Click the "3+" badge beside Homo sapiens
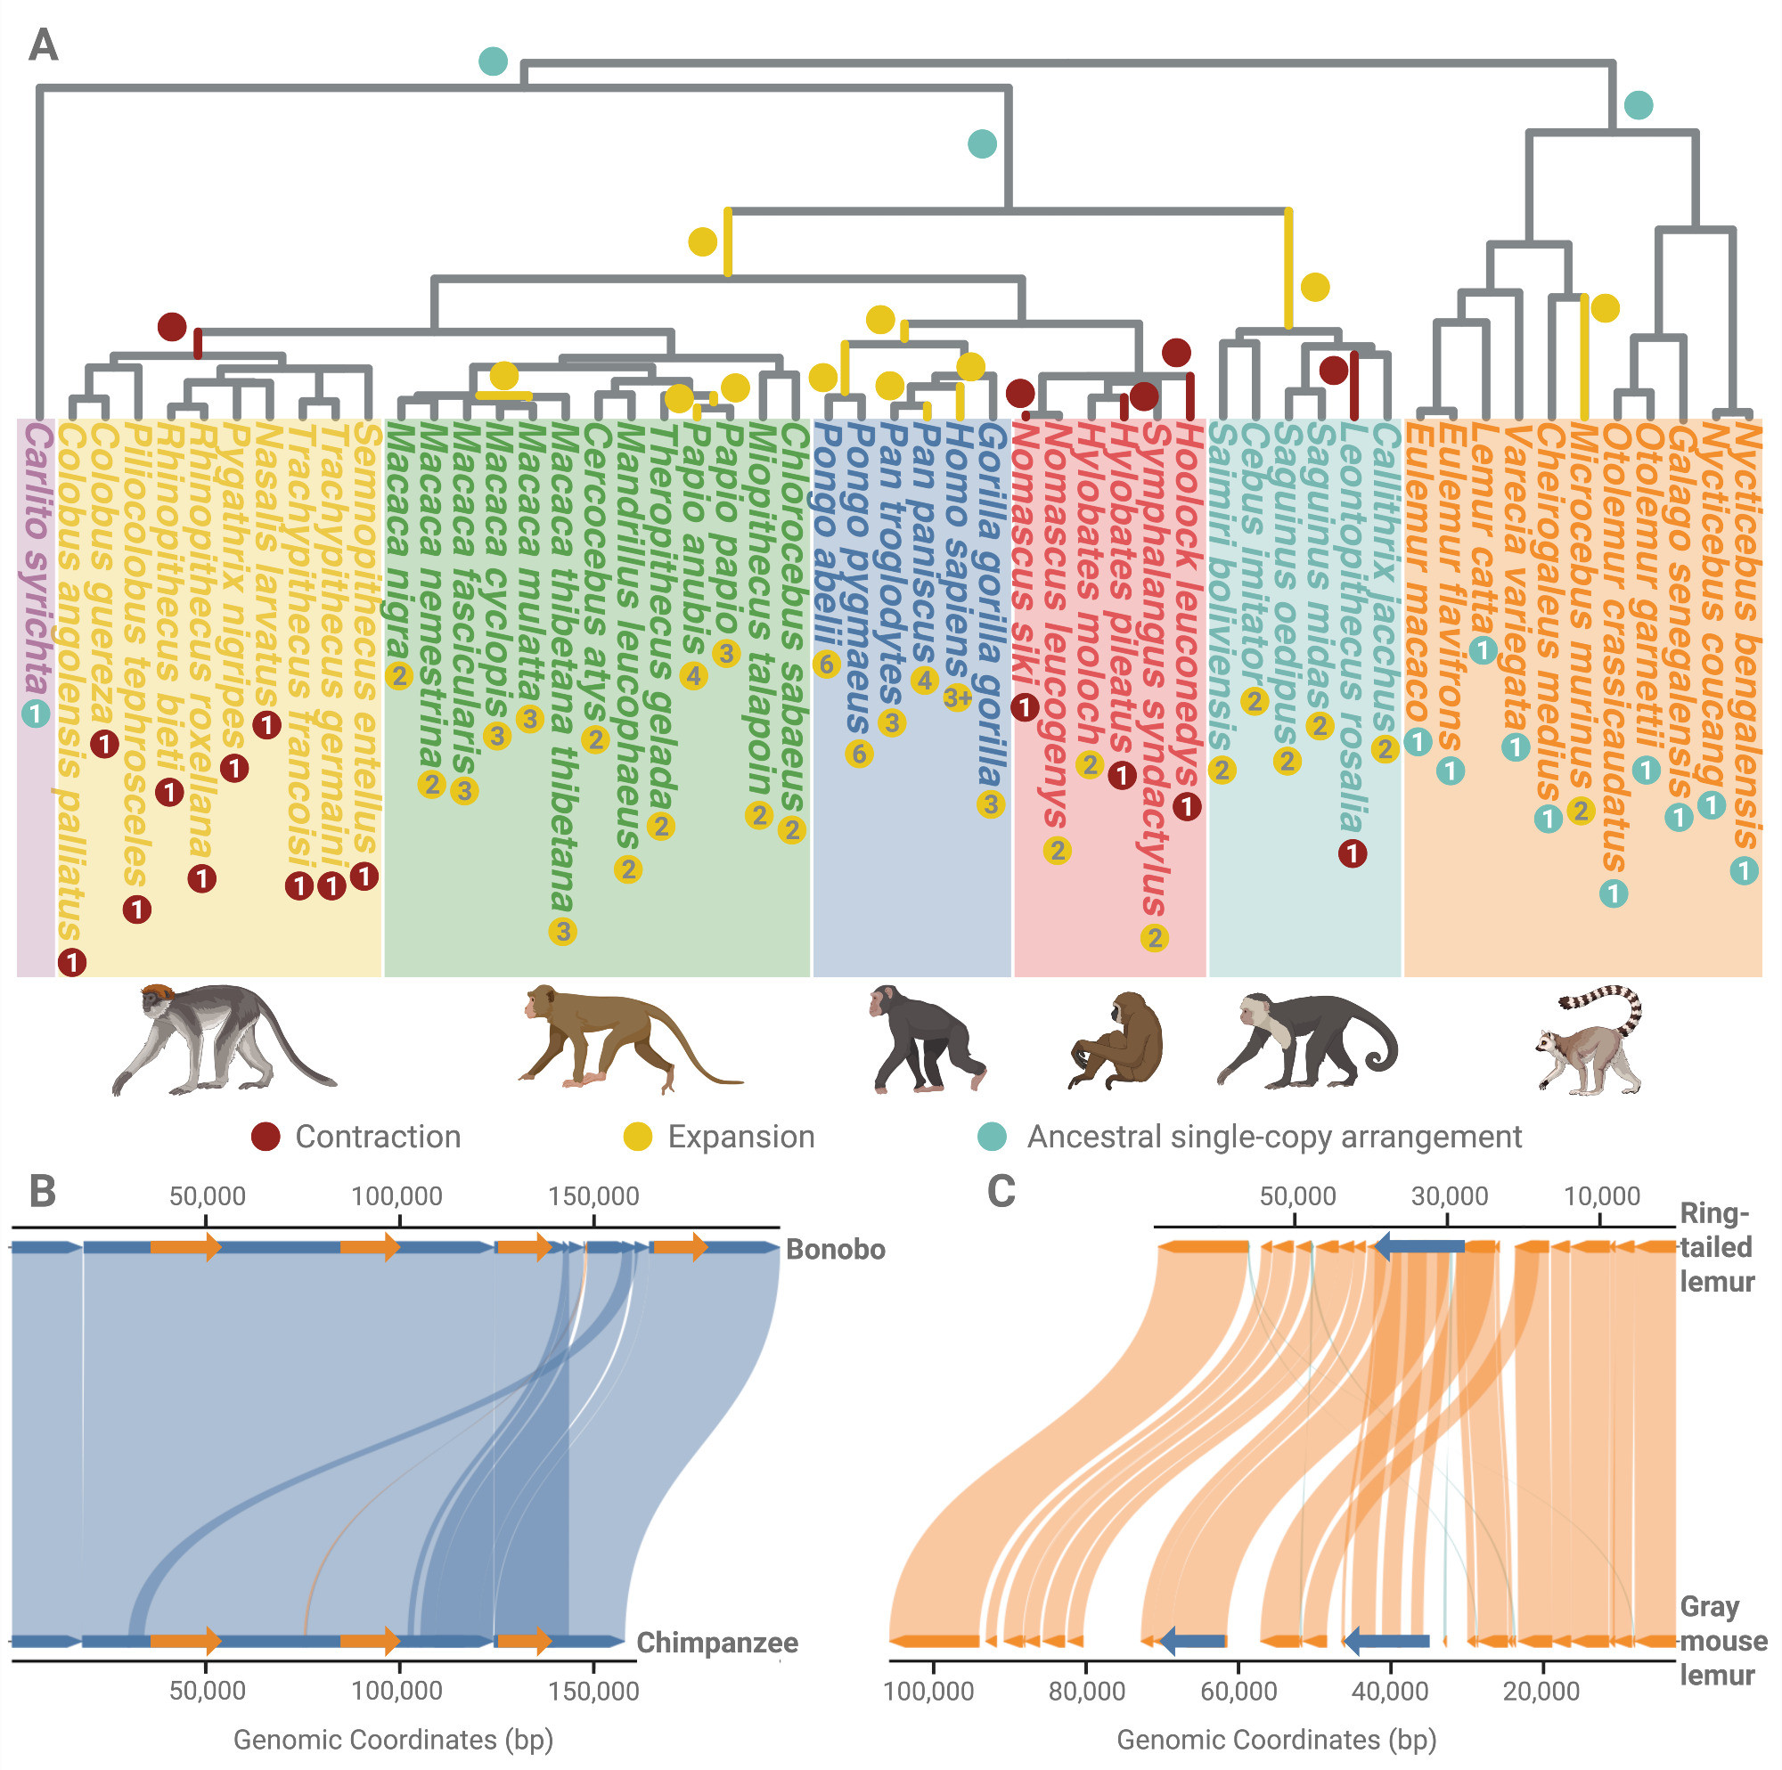tap(958, 697)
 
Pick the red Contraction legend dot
tap(266, 1137)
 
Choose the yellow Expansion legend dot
tap(637, 1137)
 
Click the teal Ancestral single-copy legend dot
tap(992, 1137)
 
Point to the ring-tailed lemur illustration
tap(1590, 1040)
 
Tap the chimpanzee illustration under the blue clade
tap(926, 1039)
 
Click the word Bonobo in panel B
tap(835, 1249)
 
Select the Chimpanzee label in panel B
tap(716, 1642)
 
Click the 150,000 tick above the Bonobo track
tap(593, 1196)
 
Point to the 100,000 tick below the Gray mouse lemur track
tap(928, 1691)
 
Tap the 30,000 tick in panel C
tap(1449, 1196)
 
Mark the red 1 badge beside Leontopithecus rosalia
tap(1353, 853)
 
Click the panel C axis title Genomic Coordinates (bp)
tap(1277, 1740)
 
